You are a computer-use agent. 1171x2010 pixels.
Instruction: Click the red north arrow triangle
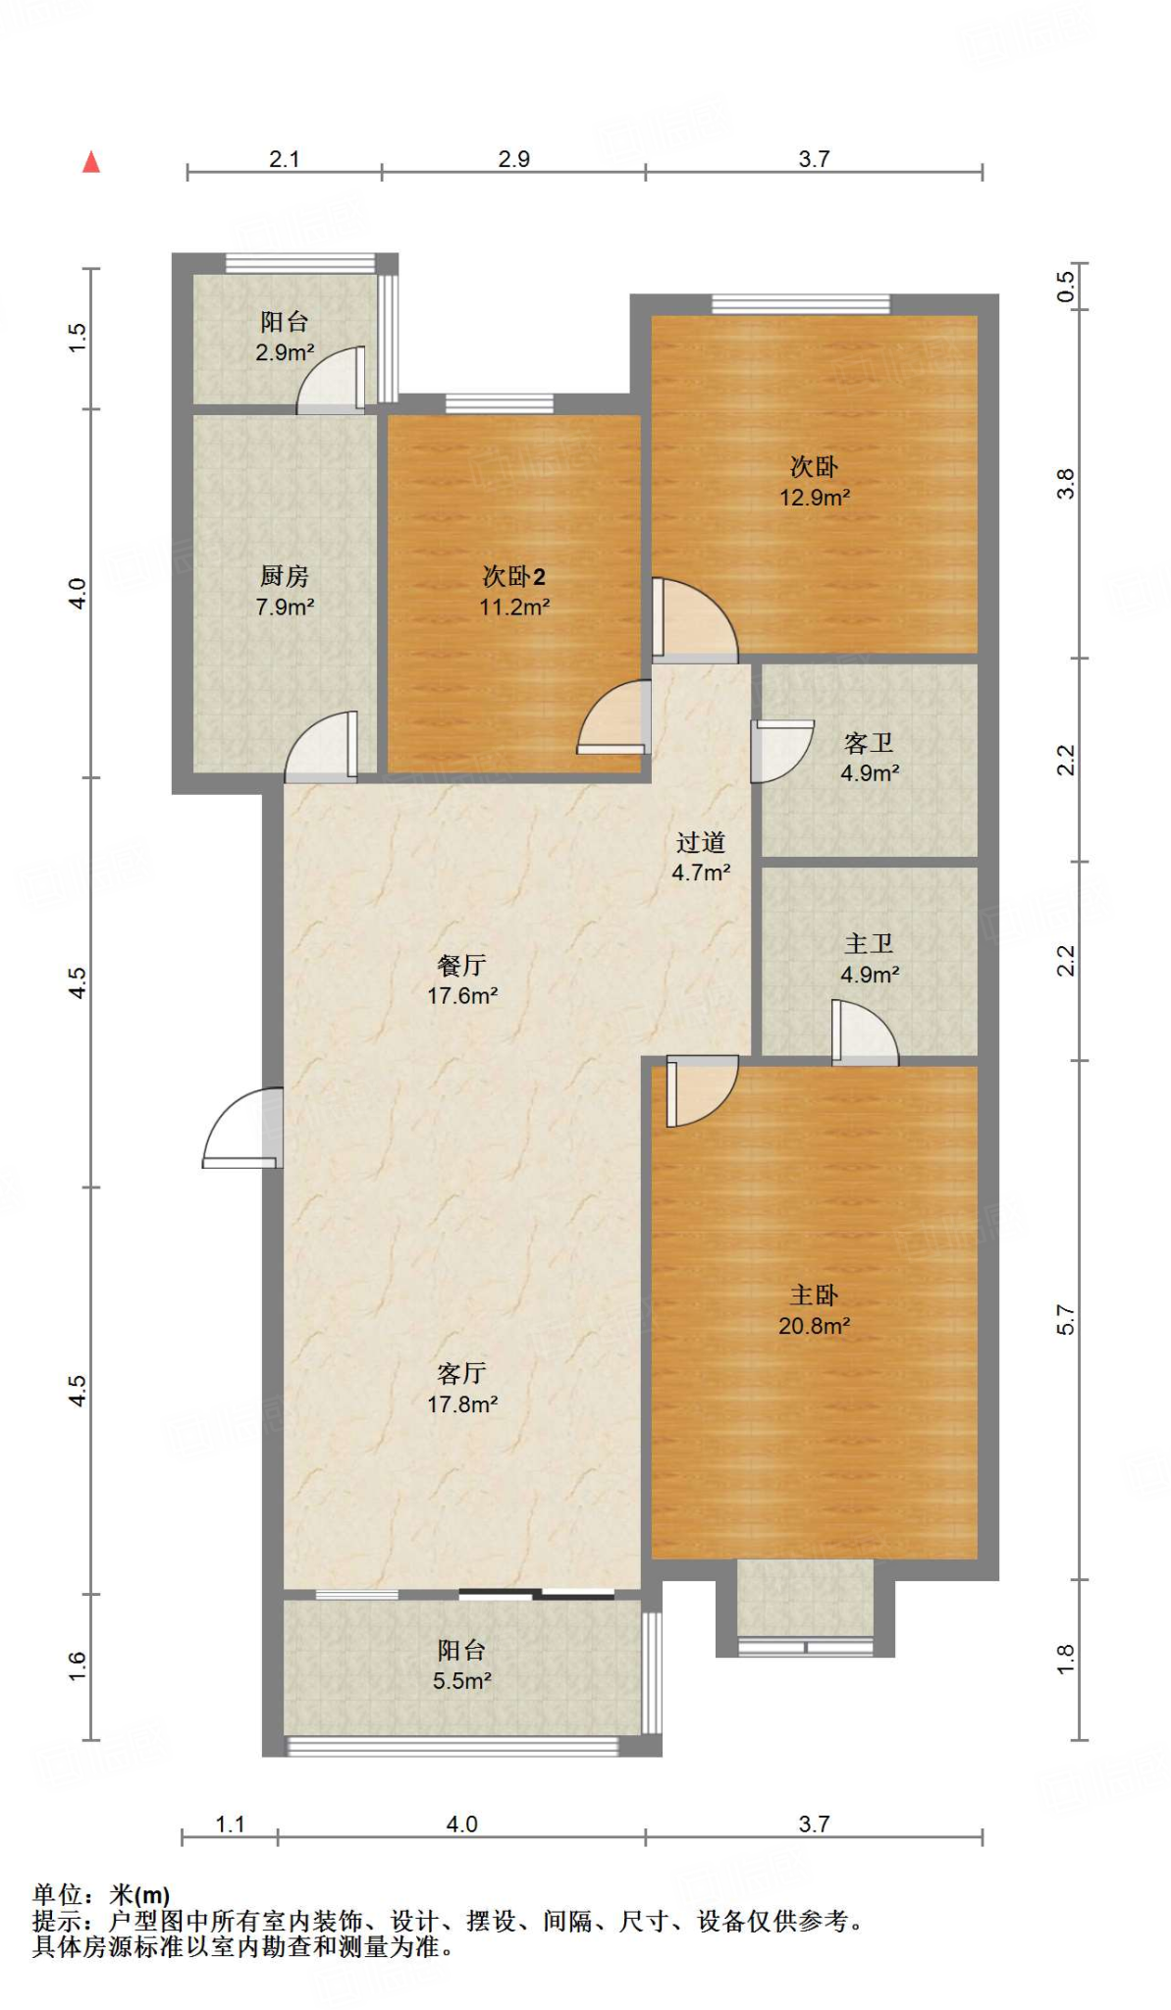(91, 162)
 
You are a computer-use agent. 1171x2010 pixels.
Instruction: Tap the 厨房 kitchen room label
(285, 576)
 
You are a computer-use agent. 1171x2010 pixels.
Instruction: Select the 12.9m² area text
(815, 498)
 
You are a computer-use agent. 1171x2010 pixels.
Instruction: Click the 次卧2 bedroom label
(513, 576)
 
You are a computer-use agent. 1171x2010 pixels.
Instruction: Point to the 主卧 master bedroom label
(815, 1295)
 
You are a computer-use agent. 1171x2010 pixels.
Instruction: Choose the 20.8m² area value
(815, 1326)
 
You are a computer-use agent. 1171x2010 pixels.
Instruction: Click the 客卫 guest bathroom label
(869, 743)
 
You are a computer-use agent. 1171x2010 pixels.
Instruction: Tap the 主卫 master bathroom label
(869, 943)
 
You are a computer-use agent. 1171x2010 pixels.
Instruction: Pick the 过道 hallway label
(701, 842)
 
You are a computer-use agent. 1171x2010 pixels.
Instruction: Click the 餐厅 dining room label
(461, 965)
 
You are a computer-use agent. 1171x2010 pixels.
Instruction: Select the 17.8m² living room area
(462, 1404)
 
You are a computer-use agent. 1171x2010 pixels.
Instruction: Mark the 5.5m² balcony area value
(462, 1681)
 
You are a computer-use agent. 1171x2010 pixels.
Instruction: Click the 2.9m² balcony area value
(285, 352)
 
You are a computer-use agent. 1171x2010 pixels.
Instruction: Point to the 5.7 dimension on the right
(1066, 1320)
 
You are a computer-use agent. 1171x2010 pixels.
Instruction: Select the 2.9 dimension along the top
(513, 159)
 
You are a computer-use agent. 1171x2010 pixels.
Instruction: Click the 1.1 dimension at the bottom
(230, 1825)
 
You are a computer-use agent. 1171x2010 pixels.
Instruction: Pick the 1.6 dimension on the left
(78, 1666)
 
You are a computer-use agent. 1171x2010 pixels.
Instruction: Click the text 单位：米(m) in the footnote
(101, 1895)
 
